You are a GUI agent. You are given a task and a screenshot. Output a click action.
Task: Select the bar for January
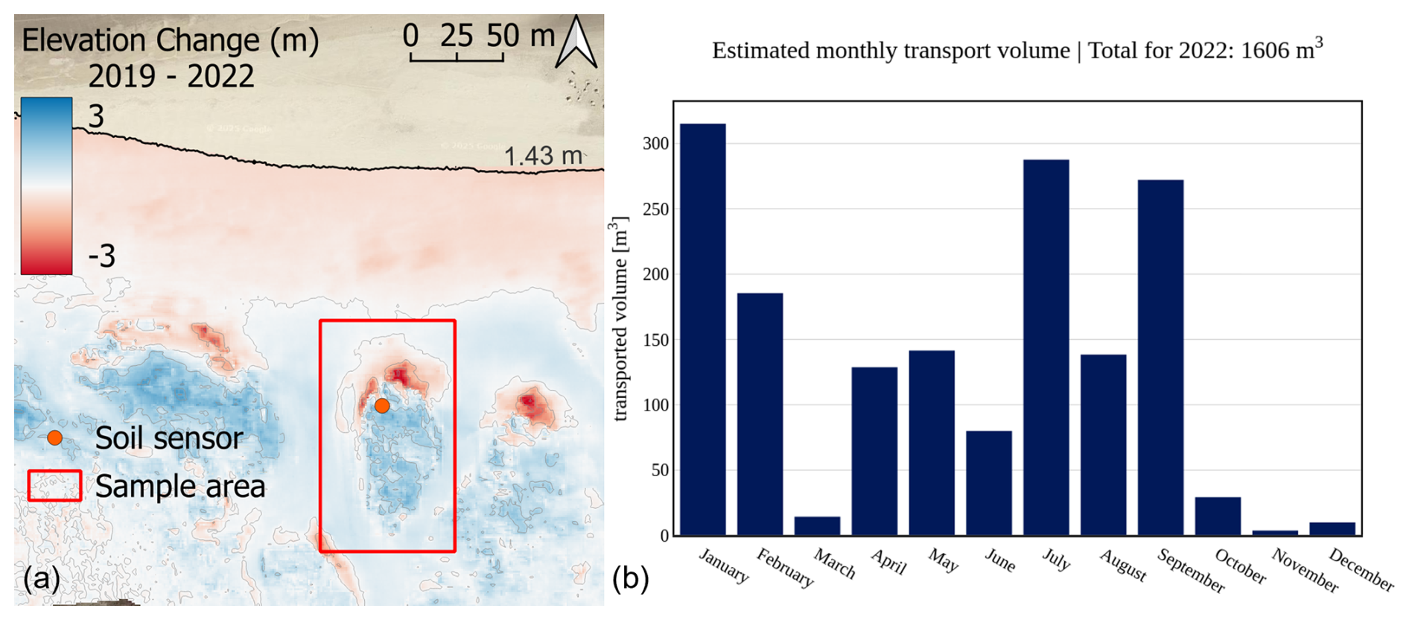click(x=702, y=329)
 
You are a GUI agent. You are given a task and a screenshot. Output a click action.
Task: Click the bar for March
click(x=817, y=526)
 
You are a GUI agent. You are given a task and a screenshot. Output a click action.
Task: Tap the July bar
click(x=1046, y=347)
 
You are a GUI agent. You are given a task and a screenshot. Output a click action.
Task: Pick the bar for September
click(x=1160, y=358)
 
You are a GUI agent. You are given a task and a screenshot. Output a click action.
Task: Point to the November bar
click(x=1275, y=533)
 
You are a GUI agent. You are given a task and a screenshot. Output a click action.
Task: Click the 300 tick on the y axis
click(x=655, y=143)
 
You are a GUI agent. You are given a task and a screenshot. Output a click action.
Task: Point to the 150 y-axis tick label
click(x=655, y=340)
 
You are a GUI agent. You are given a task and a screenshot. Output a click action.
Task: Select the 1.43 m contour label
click(x=543, y=156)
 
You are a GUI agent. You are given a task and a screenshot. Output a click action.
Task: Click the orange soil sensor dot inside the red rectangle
click(x=382, y=406)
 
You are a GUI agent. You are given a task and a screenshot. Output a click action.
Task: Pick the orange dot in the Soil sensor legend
click(x=55, y=438)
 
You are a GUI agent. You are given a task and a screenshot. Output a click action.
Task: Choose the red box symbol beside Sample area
click(x=54, y=486)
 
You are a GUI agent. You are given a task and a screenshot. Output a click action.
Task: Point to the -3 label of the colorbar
click(x=102, y=256)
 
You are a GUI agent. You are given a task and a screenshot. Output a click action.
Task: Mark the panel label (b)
click(x=630, y=578)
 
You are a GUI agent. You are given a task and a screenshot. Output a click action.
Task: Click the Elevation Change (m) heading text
click(x=171, y=40)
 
